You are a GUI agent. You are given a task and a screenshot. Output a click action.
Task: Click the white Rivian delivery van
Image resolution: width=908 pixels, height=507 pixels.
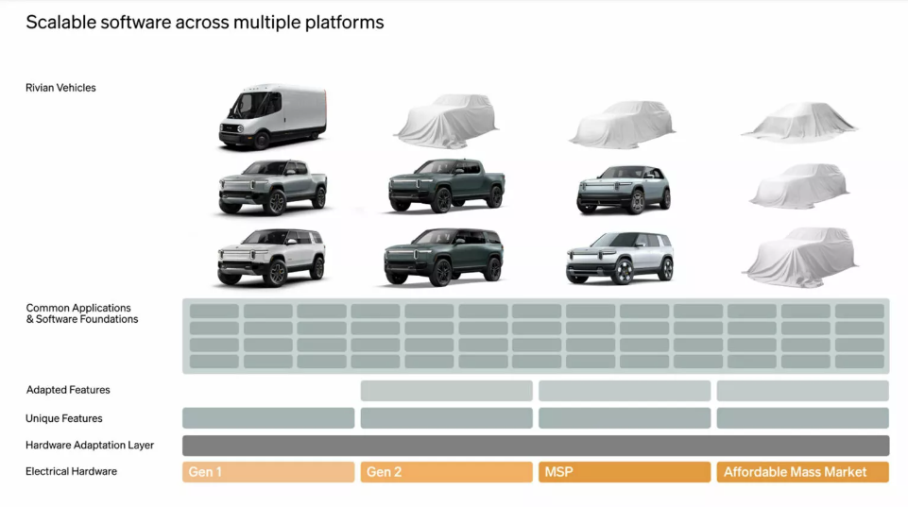point(272,116)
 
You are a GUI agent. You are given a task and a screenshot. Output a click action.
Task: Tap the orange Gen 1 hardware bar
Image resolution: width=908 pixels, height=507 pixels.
point(268,472)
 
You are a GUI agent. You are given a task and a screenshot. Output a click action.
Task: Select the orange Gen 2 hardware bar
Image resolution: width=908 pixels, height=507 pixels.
point(447,472)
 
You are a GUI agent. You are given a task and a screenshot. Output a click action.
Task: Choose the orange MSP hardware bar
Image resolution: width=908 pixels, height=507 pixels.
point(625,472)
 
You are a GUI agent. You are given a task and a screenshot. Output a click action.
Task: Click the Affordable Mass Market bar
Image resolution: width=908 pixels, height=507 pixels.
point(802,472)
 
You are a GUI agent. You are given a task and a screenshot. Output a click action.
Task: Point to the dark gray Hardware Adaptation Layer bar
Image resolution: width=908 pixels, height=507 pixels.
point(536,445)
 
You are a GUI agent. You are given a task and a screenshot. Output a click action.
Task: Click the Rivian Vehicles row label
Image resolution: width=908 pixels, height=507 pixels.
point(60,88)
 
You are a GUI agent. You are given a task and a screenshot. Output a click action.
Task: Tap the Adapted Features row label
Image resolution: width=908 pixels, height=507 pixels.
point(68,390)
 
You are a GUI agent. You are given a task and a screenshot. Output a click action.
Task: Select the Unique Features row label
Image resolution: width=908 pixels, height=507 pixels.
point(63,418)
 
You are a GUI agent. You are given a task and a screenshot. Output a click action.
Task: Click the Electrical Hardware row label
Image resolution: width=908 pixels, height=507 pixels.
point(71,472)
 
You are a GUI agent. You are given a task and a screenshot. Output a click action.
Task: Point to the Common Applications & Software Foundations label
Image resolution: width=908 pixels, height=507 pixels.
point(81,313)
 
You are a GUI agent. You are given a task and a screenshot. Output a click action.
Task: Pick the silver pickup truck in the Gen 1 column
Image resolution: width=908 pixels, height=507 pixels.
point(272,187)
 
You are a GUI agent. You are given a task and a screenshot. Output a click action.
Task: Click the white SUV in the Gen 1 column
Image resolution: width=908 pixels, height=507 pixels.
point(271,257)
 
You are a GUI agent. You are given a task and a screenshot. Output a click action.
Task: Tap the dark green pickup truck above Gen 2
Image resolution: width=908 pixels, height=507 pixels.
point(447,185)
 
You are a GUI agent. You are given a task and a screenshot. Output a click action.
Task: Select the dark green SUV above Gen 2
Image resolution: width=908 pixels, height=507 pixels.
point(443,257)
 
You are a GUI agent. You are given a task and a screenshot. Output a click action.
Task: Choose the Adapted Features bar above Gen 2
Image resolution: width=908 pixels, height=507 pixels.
point(447,391)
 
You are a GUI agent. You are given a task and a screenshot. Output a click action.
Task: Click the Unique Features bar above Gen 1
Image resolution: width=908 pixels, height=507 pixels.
point(268,418)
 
